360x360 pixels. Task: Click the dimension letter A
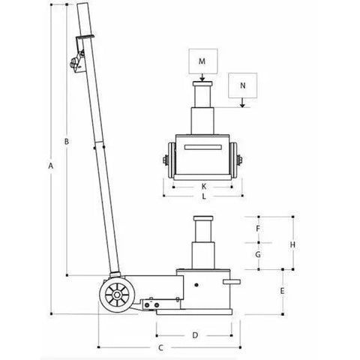point(51,166)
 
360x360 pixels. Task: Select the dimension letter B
point(67,142)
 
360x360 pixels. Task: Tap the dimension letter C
point(161,347)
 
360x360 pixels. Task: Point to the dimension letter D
point(195,335)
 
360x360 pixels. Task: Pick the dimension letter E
point(282,291)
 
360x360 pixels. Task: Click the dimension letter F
point(258,229)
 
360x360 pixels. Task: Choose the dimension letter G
point(258,254)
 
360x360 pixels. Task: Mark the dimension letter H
point(292,244)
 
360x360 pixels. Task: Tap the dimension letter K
point(204,186)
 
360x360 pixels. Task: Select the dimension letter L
point(204,196)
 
